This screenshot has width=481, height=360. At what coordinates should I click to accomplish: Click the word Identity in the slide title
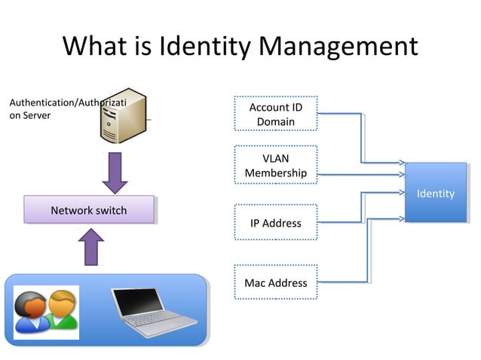pos(205,47)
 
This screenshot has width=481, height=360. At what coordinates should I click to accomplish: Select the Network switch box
pos(89,210)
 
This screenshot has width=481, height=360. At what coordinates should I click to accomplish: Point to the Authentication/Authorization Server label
pos(66,108)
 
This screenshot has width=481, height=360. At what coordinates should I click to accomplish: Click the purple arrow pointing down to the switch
pos(116,172)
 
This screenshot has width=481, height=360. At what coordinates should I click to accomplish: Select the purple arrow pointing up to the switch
pos(91,246)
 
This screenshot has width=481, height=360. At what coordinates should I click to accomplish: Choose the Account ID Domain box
pos(276,114)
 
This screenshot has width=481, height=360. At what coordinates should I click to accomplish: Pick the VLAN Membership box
pos(276,166)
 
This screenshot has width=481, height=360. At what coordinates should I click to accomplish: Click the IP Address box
pos(276,223)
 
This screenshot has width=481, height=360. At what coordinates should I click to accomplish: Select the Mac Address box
pos(276,283)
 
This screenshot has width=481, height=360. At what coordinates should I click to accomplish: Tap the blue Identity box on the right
pos(435,194)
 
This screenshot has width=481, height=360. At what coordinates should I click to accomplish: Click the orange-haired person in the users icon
pos(63,308)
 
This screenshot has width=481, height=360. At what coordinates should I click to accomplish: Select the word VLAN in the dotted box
pos(276,158)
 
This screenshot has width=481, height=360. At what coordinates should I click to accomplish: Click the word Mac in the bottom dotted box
pos(255,283)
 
